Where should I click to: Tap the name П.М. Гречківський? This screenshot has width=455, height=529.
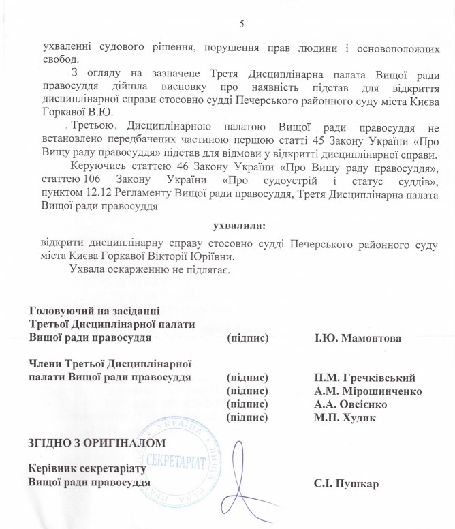pos(364,378)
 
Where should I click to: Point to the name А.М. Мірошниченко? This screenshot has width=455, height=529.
pos(368,391)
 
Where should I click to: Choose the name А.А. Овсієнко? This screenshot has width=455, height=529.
pos(351,404)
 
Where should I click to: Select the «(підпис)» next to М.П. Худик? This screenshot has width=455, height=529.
pos(246,417)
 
